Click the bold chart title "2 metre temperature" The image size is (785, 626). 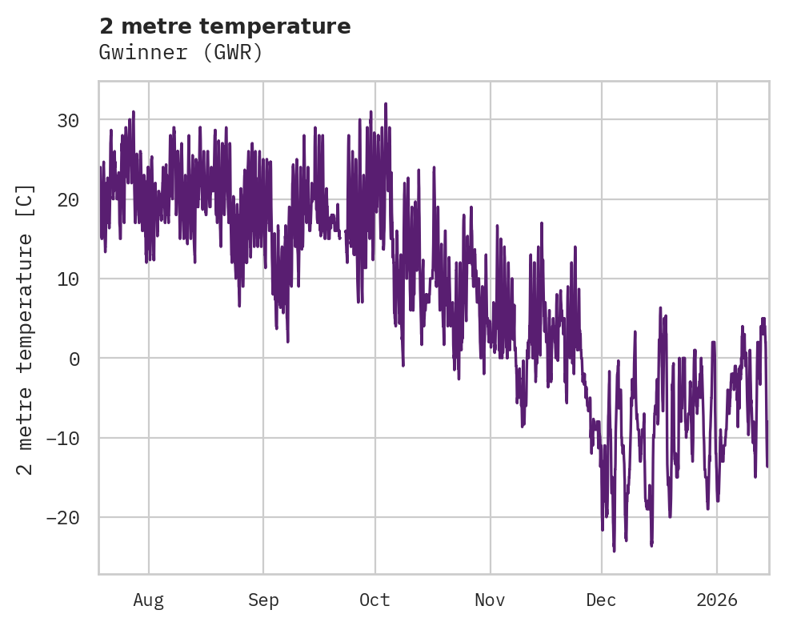point(225,26)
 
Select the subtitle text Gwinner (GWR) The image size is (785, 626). point(181,53)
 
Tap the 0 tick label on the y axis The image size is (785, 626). point(74,359)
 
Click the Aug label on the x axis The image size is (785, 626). point(149,600)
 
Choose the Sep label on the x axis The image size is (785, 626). point(263,600)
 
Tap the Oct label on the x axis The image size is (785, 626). point(374,600)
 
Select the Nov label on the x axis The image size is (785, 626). point(490,600)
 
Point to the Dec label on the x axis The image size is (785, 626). point(601,600)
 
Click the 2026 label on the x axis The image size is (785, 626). point(716,600)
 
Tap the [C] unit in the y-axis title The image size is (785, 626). point(26,200)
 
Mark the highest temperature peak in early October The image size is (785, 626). point(385,104)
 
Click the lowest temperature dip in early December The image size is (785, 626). point(614,551)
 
